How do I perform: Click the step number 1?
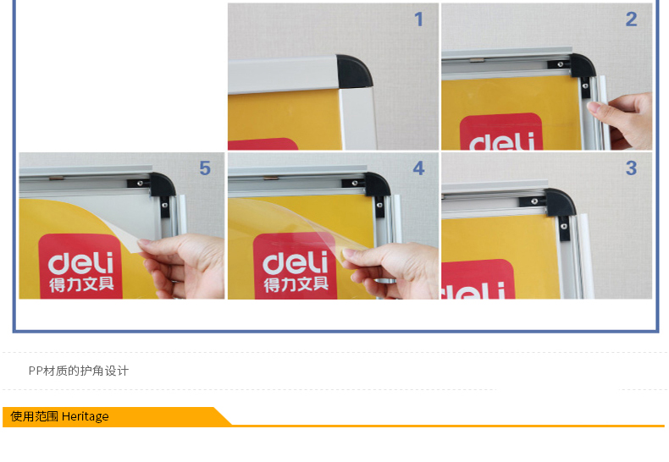coord(418,19)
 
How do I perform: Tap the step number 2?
coord(632,19)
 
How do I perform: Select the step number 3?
coord(632,168)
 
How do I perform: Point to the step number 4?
coord(418,168)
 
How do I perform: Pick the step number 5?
coord(205,168)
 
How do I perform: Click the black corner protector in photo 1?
coord(354,71)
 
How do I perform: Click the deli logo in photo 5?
coord(80,266)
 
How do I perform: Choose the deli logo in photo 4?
coord(296,266)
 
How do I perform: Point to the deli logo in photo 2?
coord(500,131)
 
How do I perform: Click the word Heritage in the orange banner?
coord(86,416)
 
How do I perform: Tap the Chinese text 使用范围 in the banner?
coord(34,416)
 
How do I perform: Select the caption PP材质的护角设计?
coord(79,371)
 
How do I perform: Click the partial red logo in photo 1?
coord(263,144)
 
